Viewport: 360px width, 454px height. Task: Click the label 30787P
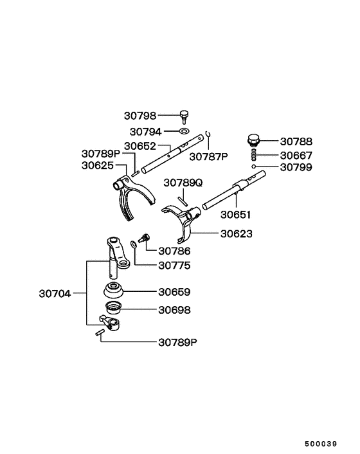[209, 156]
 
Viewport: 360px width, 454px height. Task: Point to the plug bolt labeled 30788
[253, 140]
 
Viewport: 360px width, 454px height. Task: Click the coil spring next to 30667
[253, 155]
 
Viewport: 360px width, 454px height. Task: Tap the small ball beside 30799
[255, 167]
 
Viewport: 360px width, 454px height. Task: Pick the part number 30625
[98, 165]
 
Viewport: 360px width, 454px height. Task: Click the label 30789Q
[183, 183]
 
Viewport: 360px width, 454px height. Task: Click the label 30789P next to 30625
[100, 154]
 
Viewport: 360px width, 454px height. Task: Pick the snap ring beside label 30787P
[209, 136]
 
